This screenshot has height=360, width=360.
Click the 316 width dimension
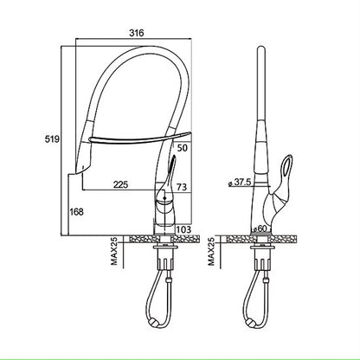coord(136,33)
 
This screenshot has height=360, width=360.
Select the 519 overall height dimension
coord(52,139)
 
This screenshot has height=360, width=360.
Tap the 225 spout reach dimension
coord(120,184)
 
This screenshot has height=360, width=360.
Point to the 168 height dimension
coord(76,212)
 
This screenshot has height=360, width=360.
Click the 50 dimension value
coord(183,148)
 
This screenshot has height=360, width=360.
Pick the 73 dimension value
coord(182,187)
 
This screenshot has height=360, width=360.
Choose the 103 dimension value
coord(183,229)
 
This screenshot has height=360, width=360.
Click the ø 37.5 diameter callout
coord(241,183)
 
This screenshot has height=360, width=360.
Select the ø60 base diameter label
coord(259,228)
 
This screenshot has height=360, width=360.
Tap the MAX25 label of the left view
coord(114,251)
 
